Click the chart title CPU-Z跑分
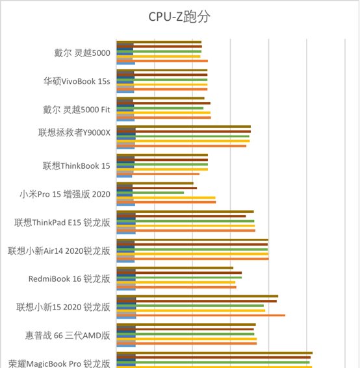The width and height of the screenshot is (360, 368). coord(179,16)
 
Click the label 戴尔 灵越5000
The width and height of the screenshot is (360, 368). coord(82,54)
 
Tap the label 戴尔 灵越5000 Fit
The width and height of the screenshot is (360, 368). coord(75,110)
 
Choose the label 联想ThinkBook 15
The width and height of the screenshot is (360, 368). coord(76,166)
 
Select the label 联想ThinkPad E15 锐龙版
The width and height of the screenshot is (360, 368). coord(62,222)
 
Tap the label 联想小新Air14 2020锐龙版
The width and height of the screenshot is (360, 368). coord(59,251)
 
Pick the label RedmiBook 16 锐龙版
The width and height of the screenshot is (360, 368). coord(69,278)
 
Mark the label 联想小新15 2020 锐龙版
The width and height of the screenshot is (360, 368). coord(63,307)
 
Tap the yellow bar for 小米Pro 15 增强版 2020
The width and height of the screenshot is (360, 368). coord(174,197)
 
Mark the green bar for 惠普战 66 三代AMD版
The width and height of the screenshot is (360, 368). coord(195,334)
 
